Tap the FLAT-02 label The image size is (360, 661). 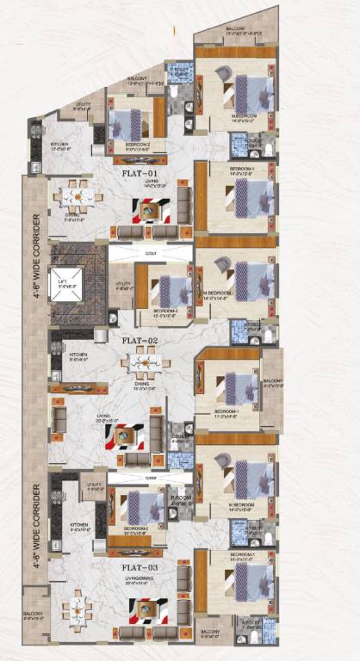click(x=138, y=340)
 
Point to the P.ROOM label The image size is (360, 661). click(x=180, y=497)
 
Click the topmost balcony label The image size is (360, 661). click(x=235, y=28)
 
